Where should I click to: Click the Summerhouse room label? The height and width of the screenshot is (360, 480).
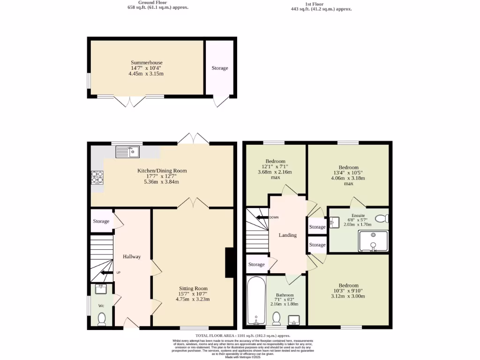click(x=147, y=62)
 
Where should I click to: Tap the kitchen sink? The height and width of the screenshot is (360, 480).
click(x=127, y=151)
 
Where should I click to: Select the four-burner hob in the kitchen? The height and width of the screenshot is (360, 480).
click(x=97, y=178)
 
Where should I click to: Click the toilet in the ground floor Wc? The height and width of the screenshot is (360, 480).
click(x=101, y=319)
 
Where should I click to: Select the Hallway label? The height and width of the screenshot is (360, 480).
click(x=132, y=256)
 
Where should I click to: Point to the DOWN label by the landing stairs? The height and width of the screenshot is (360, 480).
click(x=274, y=217)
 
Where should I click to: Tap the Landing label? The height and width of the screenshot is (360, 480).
click(x=287, y=235)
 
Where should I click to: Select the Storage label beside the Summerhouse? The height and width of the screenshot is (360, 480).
click(x=219, y=68)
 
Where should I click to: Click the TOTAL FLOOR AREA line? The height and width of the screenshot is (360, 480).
click(x=243, y=336)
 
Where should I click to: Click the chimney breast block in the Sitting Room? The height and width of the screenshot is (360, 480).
click(x=230, y=262)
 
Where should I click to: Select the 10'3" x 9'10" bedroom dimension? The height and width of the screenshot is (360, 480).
click(x=349, y=291)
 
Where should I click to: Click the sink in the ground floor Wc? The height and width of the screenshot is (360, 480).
click(x=100, y=289)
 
